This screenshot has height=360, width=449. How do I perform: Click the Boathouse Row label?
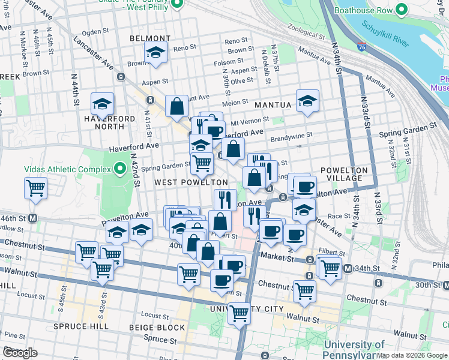(367, 10)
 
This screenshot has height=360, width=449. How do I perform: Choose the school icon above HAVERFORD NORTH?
(103, 104)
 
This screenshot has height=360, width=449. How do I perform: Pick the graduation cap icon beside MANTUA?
(307, 100)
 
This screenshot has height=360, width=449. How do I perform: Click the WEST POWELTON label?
(191, 182)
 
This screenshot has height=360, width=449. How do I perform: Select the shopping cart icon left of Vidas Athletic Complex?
(35, 188)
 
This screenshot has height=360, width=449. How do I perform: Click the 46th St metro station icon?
(34, 218)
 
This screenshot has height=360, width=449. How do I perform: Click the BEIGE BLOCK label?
(157, 328)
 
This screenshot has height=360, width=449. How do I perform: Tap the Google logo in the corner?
(20, 353)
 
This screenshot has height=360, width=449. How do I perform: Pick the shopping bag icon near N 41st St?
(178, 106)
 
